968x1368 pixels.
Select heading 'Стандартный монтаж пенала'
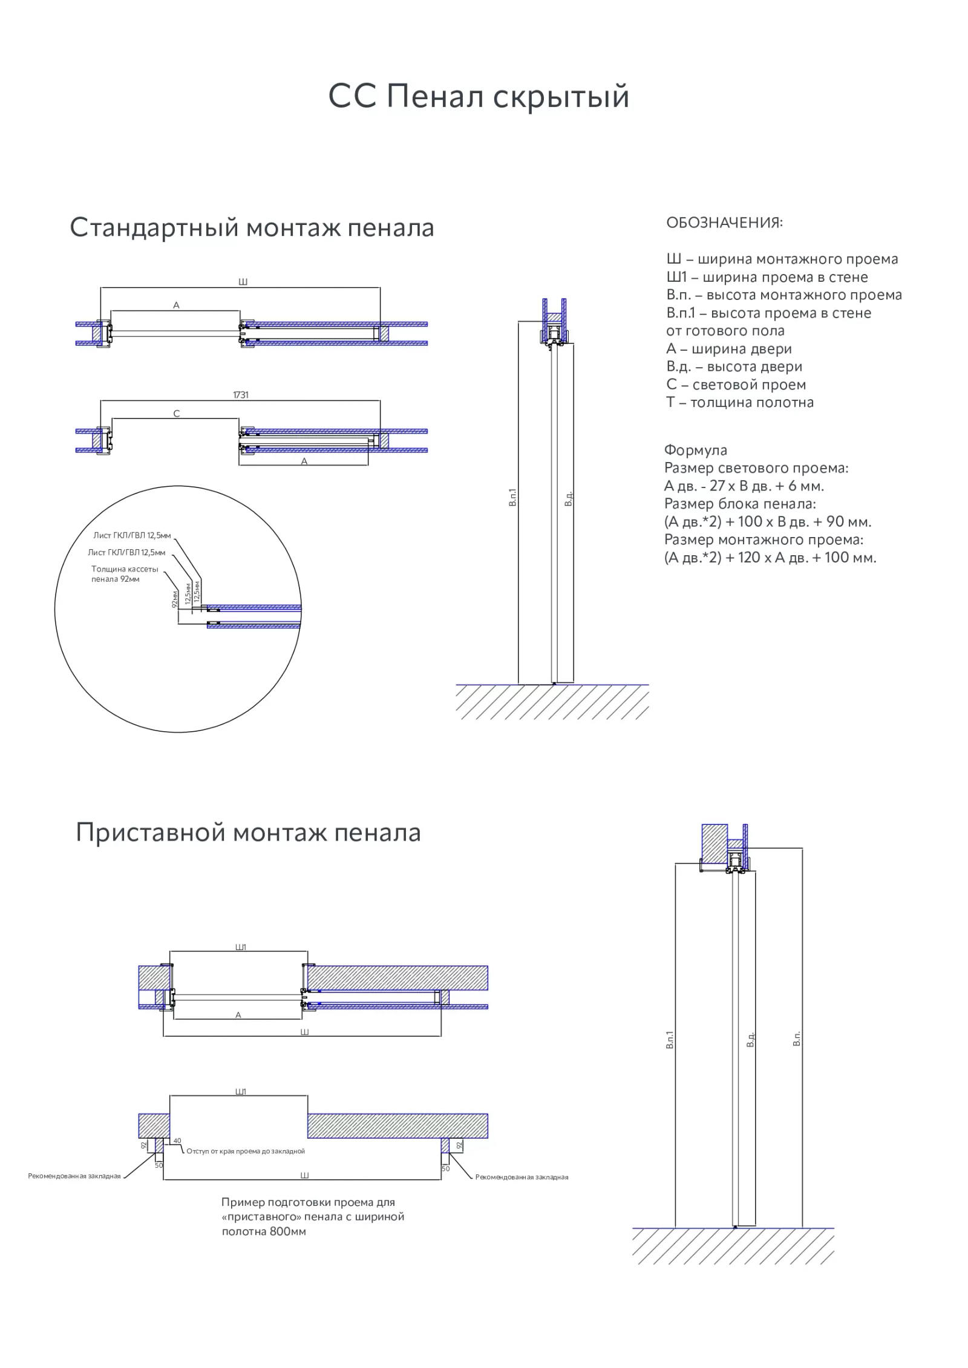252,228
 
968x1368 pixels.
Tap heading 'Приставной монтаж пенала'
248,833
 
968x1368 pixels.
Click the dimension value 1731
241,395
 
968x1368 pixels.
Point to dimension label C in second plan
177,414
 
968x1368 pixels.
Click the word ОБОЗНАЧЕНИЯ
724,223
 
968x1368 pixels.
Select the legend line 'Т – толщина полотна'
739,402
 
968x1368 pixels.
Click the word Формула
695,450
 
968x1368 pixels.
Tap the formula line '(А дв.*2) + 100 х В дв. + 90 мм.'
767,521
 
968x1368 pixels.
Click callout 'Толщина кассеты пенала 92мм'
125,574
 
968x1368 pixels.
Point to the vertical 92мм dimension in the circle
174,599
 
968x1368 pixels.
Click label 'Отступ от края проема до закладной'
246,1151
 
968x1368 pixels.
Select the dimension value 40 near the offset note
177,1141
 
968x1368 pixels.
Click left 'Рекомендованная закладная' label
74,1176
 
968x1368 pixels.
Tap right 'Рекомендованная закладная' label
522,1177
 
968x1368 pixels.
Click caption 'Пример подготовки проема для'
308,1202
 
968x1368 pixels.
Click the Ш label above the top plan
243,282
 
